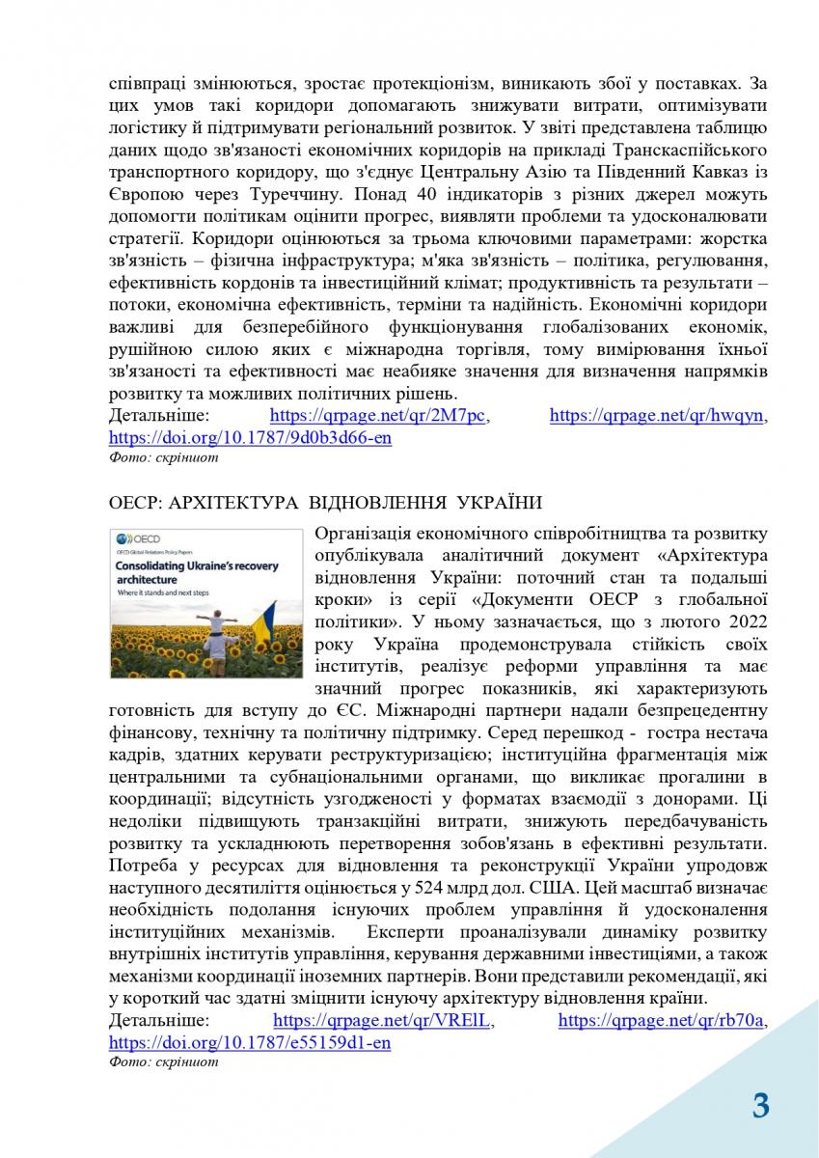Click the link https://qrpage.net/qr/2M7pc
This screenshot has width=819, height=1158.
[x=379, y=416]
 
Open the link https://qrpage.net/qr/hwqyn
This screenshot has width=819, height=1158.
[x=657, y=416]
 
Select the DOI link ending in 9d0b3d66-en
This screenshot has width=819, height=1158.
[x=250, y=437]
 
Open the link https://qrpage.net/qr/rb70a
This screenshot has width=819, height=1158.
[x=668, y=1021]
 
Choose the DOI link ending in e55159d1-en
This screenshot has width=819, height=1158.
[x=250, y=1042]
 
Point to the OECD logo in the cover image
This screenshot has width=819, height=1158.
[x=135, y=538]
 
